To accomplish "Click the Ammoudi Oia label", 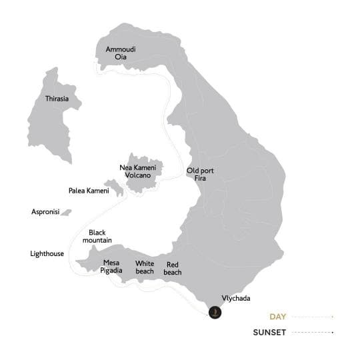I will coord(120,53).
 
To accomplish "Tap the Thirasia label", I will coord(57,99).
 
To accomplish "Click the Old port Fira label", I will coord(200,175).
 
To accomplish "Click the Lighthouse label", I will coord(47,253).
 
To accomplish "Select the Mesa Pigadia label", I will coord(112,267).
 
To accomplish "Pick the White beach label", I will coord(145,267).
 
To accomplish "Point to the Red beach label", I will coord(173,268).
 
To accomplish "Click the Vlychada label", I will coord(236,299).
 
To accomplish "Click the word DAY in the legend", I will coord(279,317).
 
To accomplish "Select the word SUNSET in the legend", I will coord(271,331).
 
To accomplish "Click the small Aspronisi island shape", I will coord(65,213).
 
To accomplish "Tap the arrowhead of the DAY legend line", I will coord(332,317).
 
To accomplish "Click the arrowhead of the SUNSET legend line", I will coord(332,331).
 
